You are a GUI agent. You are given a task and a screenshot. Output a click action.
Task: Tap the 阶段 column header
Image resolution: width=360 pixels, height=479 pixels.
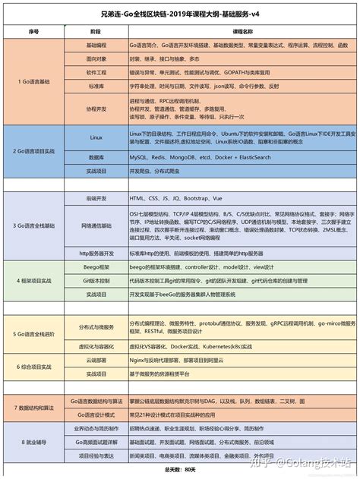(95, 33)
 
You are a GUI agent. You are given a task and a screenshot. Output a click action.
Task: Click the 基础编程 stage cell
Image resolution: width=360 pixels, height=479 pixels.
(96, 46)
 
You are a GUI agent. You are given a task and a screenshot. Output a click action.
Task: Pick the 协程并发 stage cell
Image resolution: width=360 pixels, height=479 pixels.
(96, 109)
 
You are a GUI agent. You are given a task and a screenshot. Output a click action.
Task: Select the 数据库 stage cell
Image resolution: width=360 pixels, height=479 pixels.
(96, 156)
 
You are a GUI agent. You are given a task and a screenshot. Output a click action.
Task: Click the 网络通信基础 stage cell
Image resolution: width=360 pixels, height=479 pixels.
(96, 225)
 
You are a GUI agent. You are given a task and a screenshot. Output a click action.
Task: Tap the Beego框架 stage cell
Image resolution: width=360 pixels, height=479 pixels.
(96, 268)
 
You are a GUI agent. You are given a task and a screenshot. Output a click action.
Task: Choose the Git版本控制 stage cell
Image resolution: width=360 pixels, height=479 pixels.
(96, 280)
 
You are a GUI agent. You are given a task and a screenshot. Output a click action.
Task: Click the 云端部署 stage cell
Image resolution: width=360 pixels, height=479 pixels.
(96, 362)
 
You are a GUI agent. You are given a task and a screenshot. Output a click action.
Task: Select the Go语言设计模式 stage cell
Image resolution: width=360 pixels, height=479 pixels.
(96, 415)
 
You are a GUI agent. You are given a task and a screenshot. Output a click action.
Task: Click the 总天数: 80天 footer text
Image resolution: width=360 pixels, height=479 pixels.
(180, 471)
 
